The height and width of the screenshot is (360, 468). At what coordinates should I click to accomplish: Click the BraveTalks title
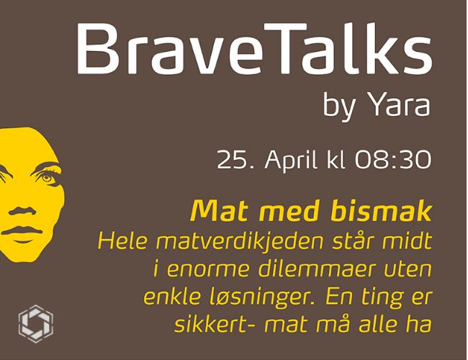point(255,48)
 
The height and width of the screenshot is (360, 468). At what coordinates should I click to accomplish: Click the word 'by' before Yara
point(340,106)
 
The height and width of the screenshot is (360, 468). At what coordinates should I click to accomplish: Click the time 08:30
point(393,160)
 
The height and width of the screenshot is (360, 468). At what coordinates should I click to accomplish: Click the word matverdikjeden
point(239,242)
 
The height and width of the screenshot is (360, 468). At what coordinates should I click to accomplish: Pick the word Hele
point(122,241)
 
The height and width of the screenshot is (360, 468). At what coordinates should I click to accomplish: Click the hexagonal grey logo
point(36,323)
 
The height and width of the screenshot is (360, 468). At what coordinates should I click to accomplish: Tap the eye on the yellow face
point(47,178)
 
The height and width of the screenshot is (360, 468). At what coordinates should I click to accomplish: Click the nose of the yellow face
point(22,210)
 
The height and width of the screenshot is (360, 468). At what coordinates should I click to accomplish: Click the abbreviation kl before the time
point(336,160)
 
